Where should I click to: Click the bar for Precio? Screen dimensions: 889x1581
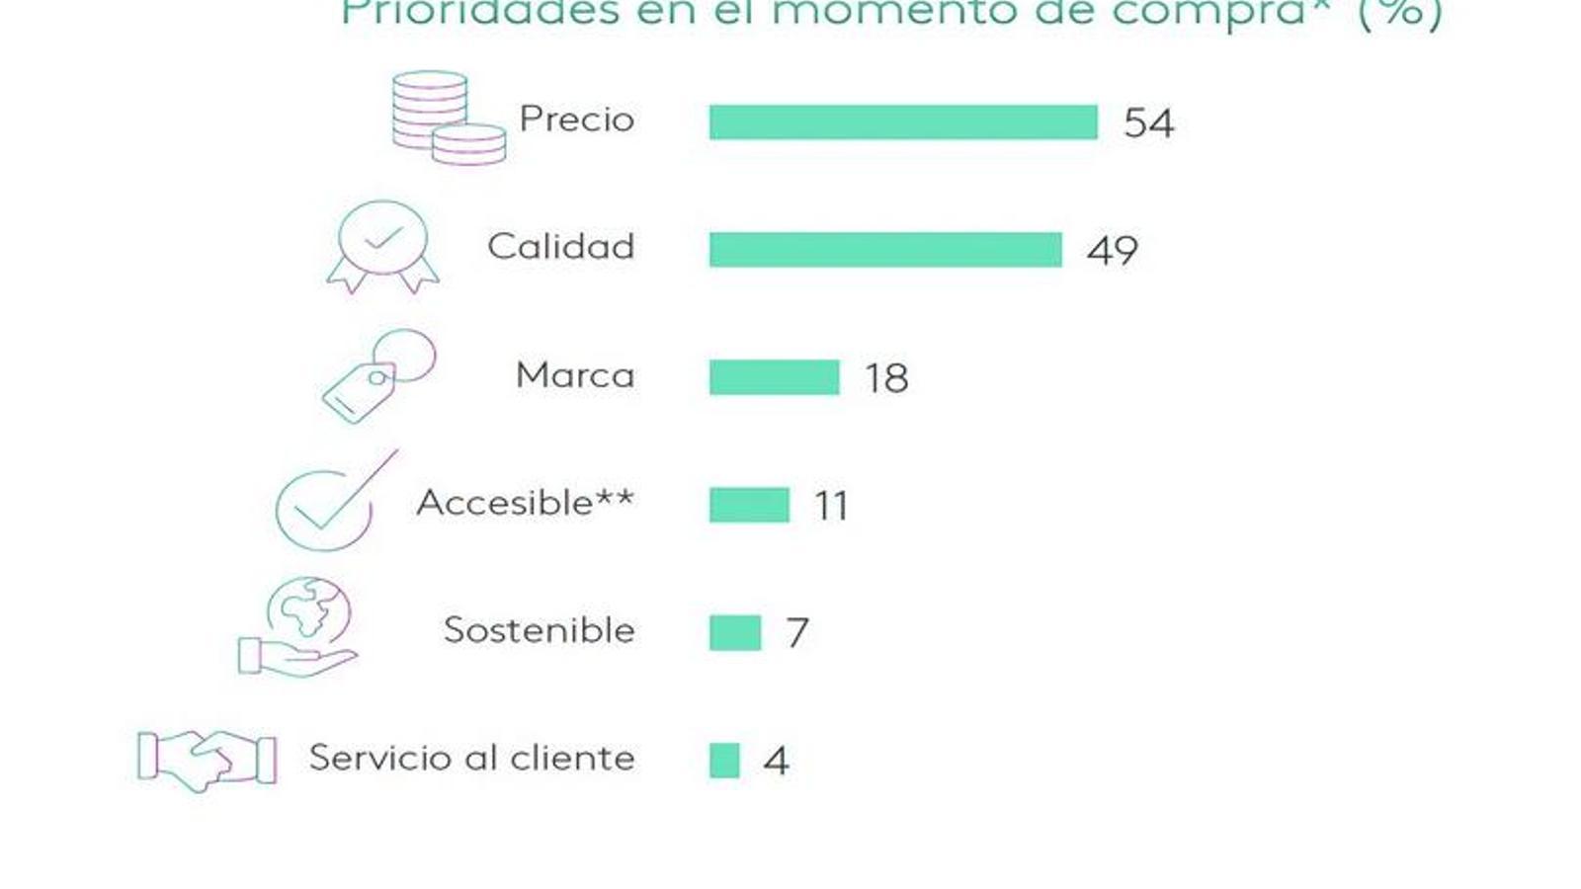(x=903, y=122)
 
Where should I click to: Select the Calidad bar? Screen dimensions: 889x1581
(x=885, y=250)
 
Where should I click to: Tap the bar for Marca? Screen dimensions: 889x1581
(x=774, y=377)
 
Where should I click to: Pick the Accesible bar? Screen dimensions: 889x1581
(x=749, y=505)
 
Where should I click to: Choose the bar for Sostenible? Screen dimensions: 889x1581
(x=735, y=633)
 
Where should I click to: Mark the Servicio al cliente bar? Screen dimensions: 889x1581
(x=724, y=761)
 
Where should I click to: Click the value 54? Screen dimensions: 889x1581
(x=1148, y=123)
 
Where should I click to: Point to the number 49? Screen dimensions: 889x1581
(x=1112, y=251)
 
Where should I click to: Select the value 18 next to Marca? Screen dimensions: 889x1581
(x=886, y=378)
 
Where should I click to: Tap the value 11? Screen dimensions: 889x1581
(x=831, y=506)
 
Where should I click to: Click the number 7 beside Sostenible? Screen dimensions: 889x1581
(x=797, y=633)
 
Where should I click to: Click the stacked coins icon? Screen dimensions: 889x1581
(x=448, y=118)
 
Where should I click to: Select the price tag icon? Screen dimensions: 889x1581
(x=377, y=376)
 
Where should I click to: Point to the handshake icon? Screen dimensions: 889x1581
(x=207, y=760)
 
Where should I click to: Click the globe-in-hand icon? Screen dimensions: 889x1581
(x=299, y=628)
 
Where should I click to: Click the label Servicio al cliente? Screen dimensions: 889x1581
(x=471, y=759)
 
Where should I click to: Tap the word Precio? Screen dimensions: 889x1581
(x=577, y=120)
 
